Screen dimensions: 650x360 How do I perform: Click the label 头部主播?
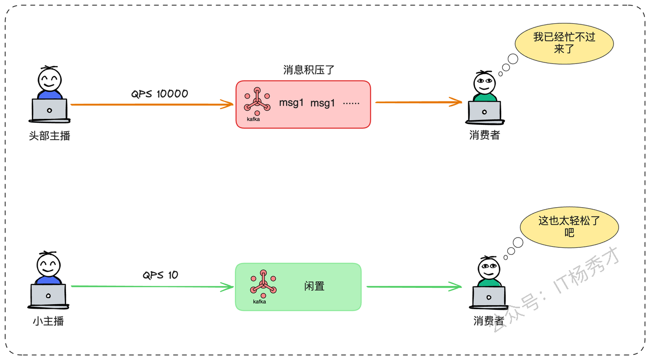tap(50, 136)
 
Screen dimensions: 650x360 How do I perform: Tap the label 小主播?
tap(48, 321)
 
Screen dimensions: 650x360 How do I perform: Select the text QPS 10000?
tap(159, 94)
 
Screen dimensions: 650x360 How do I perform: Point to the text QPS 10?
tap(160, 275)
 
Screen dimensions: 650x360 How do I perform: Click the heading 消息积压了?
tap(309, 70)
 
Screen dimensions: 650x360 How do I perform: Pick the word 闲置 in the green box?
tap(314, 286)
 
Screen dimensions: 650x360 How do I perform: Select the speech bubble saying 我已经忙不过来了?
tap(564, 44)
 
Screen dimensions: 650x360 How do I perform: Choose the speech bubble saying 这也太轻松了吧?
tap(569, 227)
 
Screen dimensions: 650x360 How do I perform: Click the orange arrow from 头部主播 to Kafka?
tap(152, 104)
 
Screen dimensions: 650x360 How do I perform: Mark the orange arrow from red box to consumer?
tap(419, 102)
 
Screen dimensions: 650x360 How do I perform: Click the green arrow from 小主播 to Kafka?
tap(152, 286)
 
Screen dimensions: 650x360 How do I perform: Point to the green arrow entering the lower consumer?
tap(414, 286)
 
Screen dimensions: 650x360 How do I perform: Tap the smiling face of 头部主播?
tap(50, 80)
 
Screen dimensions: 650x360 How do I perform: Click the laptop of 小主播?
tap(48, 296)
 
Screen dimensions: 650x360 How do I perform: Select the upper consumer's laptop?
tap(484, 113)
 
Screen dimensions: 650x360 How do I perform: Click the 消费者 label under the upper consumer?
tap(484, 135)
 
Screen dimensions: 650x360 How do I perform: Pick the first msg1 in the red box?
tap(291, 103)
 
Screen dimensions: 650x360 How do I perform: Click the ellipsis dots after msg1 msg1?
tap(351, 103)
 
